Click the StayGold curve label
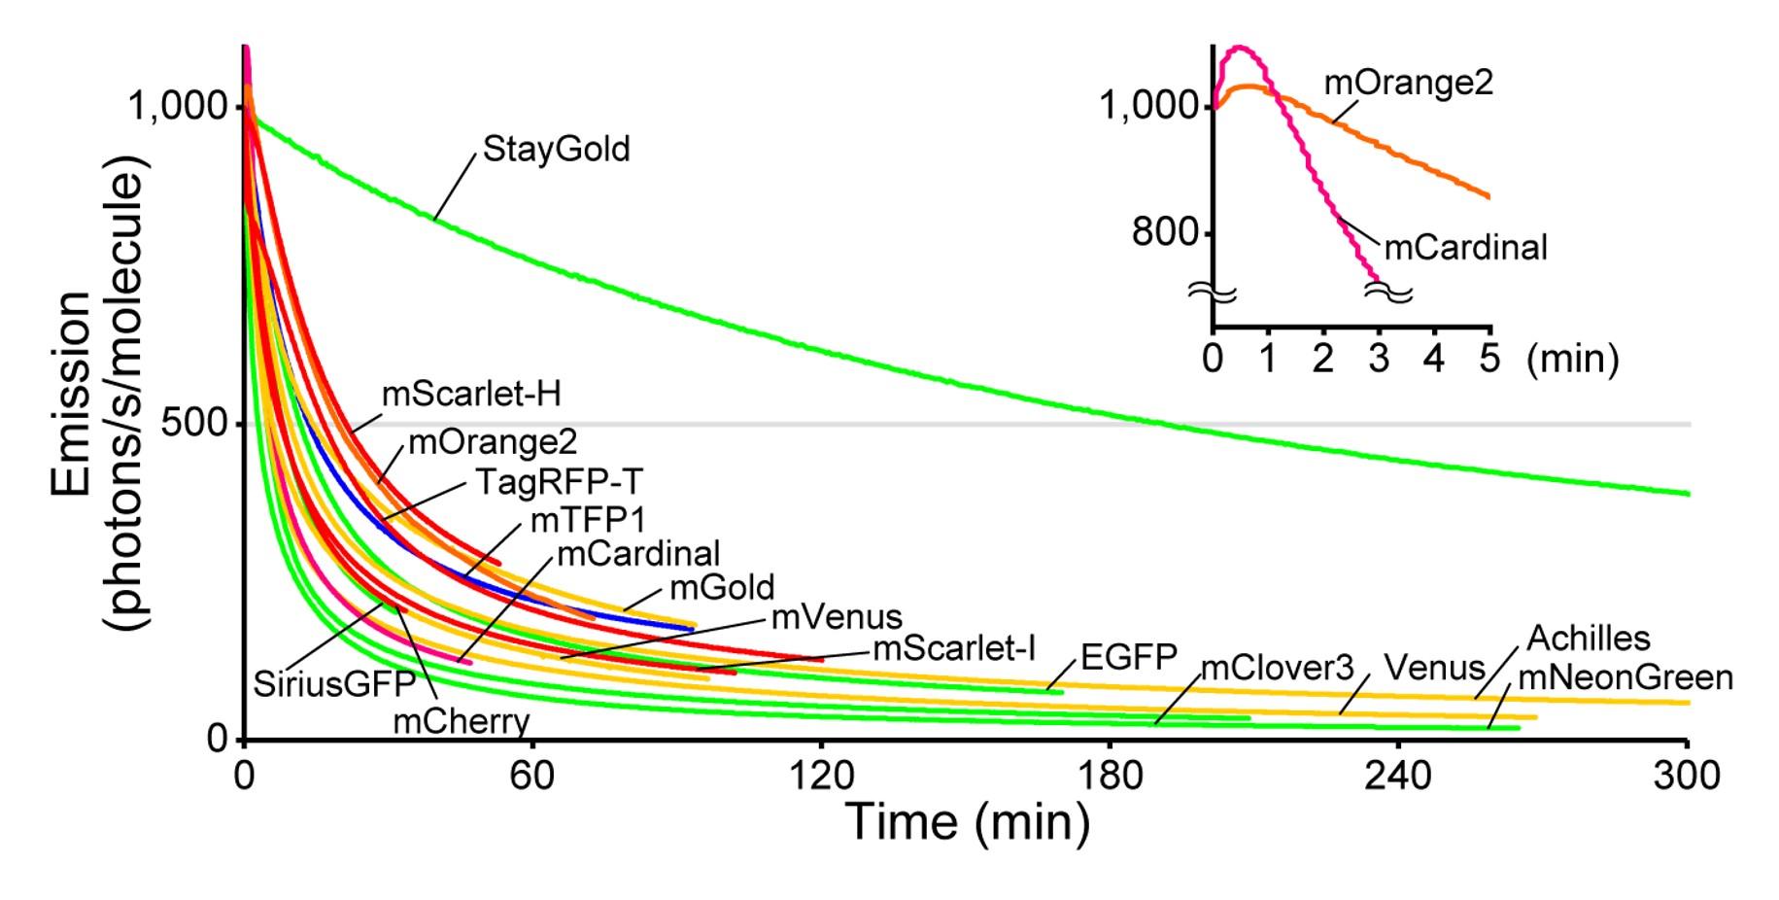point(556,149)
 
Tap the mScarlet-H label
point(471,394)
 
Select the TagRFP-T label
point(559,481)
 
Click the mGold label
point(722,588)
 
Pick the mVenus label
point(837,617)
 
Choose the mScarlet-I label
point(954,648)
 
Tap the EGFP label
point(1129,658)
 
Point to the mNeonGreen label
point(1625,677)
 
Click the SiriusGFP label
point(334,684)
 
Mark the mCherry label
point(462,722)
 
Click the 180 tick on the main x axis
point(1111,775)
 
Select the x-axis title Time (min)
point(968,821)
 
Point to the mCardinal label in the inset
point(1465,248)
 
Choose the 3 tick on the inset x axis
point(1379,359)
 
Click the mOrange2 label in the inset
point(1408,84)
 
